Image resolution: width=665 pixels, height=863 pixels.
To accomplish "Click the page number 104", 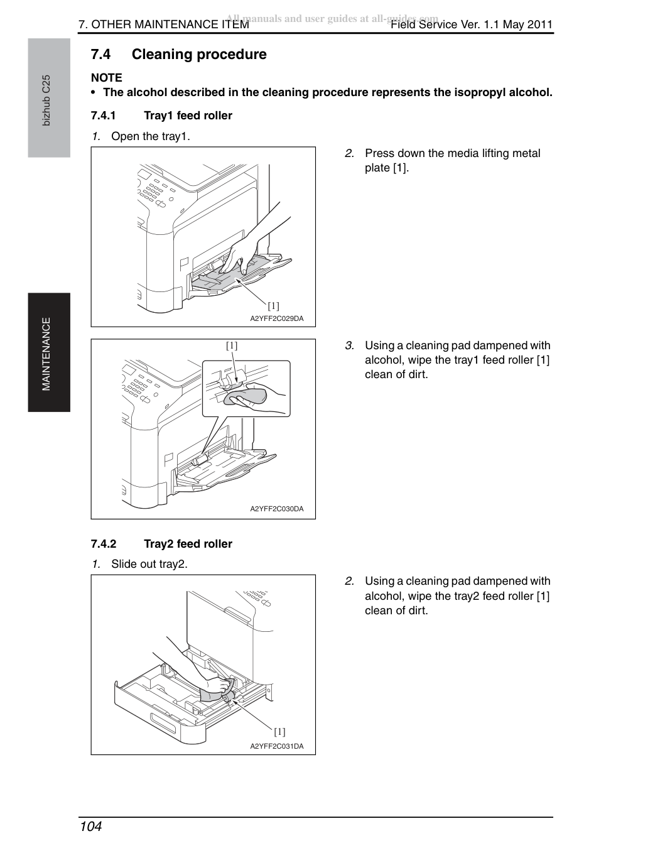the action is [91, 826].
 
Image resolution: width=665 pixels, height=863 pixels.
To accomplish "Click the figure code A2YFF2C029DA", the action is [277, 318].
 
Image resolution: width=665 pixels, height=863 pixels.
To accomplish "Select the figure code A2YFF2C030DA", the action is [277, 509].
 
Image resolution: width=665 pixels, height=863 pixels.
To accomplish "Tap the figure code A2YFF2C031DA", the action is [277, 746].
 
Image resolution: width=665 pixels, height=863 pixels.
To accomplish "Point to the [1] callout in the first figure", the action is [273, 306].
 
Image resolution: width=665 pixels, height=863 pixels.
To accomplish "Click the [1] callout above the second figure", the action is [232, 345].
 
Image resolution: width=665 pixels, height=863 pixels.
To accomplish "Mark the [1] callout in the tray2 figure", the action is [279, 732].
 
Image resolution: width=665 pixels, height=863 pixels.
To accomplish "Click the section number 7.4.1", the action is [103, 116].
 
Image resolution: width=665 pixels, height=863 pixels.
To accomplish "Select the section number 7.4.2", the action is [103, 544].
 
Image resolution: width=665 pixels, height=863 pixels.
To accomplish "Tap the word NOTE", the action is [106, 77].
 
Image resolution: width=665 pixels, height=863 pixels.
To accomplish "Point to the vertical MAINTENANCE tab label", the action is [46, 354].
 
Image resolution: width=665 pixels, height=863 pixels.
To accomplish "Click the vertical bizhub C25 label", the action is [46, 100].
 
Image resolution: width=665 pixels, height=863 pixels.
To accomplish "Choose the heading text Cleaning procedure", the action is [199, 55].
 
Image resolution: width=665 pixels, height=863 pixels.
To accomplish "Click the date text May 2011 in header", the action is [527, 24].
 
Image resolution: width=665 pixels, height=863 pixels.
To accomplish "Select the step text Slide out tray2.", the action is [149, 564].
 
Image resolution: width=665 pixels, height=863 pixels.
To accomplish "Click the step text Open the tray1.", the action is [151, 137].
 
